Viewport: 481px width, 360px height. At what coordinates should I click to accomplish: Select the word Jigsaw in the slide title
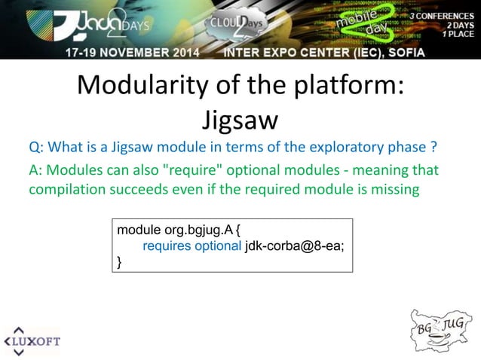pyautogui.click(x=240, y=119)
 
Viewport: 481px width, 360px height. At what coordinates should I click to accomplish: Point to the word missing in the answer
pyautogui.click(x=392, y=189)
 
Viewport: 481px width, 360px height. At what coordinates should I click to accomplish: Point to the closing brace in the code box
pyautogui.click(x=119, y=261)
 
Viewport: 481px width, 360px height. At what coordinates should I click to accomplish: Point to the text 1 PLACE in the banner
pyautogui.click(x=458, y=34)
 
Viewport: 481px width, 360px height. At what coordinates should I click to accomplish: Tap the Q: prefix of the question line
pyautogui.click(x=36, y=146)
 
